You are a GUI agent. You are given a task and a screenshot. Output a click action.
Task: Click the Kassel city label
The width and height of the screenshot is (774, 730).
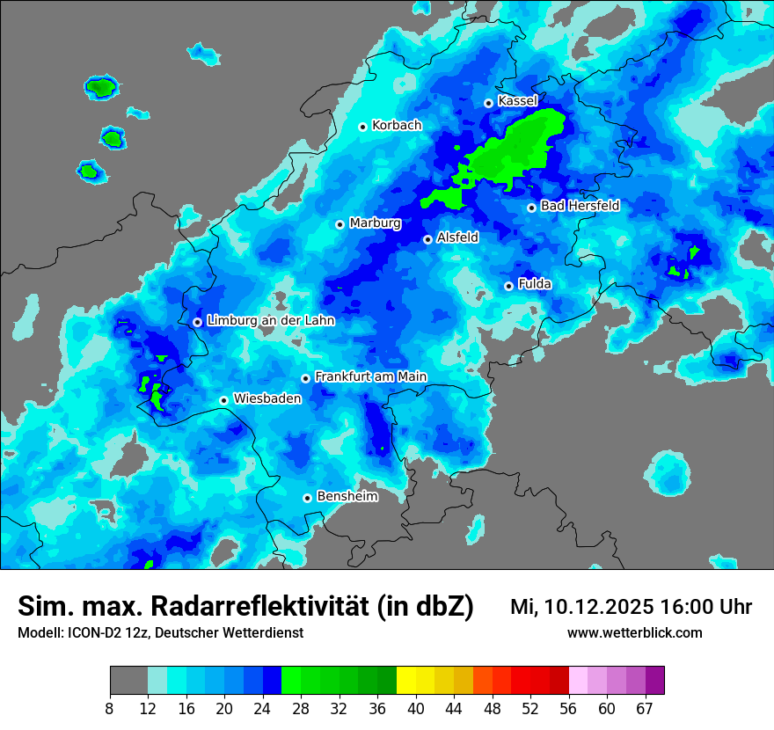(517, 101)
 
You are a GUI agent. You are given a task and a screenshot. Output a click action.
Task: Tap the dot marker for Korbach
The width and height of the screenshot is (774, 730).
(362, 127)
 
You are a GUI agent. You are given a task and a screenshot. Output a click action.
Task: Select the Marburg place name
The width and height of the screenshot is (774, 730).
(375, 223)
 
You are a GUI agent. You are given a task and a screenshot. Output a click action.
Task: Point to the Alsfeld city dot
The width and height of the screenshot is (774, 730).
(427, 239)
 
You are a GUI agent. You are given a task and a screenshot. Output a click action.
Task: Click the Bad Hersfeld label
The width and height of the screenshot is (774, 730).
(580, 206)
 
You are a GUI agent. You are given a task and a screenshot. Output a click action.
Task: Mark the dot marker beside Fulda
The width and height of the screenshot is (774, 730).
(508, 286)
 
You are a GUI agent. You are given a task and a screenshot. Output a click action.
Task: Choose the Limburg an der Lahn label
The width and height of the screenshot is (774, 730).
(270, 321)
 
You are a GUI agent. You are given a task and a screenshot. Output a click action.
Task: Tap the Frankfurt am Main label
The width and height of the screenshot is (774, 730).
(370, 377)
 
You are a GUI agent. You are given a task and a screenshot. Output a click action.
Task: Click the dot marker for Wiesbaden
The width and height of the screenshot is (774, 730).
(224, 400)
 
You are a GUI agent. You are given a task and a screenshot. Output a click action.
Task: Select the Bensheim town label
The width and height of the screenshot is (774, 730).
(347, 496)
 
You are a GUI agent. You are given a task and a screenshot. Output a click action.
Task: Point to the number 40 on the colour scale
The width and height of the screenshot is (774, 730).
(415, 709)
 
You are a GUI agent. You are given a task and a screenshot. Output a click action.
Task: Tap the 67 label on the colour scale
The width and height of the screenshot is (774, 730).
(644, 709)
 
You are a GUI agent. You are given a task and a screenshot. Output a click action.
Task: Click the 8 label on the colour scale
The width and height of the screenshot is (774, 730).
(110, 709)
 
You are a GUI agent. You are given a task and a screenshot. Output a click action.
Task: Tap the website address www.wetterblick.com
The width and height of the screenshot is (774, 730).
(634, 632)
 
